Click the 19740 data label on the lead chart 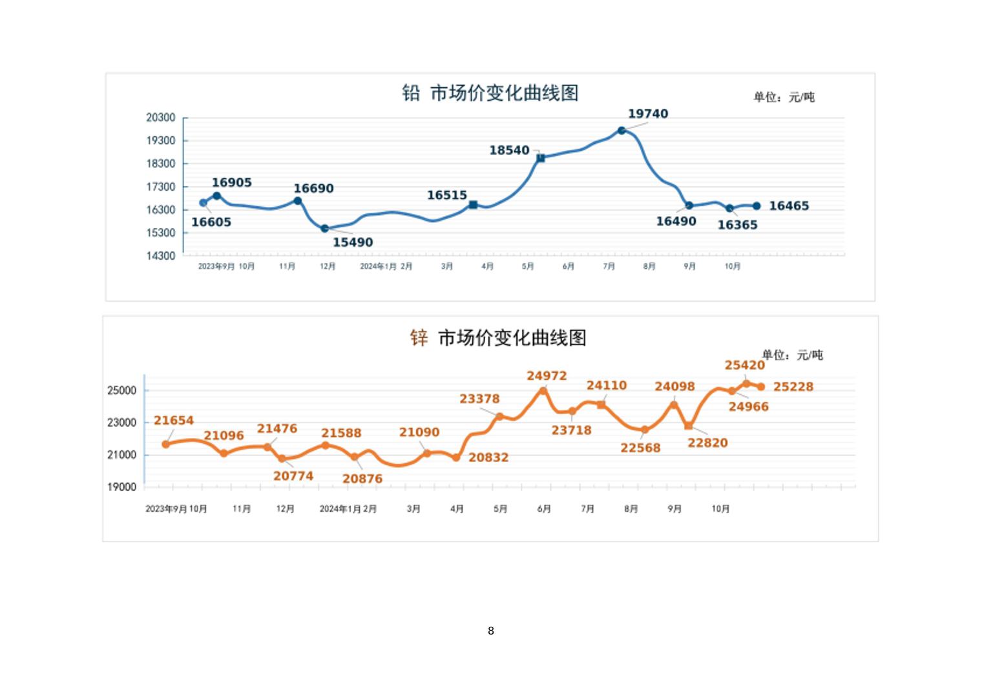(x=648, y=114)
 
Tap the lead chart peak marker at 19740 (x=622, y=131)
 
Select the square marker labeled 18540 (x=541, y=158)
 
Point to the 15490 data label (x=353, y=242)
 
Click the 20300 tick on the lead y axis (x=160, y=118)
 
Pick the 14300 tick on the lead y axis (x=160, y=256)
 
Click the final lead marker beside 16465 (x=757, y=206)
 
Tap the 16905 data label (x=232, y=183)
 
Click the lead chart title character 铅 (x=411, y=93)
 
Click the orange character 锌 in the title (x=419, y=337)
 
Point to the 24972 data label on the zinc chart (x=547, y=376)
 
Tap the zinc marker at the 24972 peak (x=543, y=391)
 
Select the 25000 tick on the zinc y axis (x=121, y=390)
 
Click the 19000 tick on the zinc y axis (x=121, y=487)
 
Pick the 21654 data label (x=174, y=421)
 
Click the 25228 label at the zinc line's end (x=793, y=387)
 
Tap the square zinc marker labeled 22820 (x=689, y=426)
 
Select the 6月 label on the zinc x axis (x=544, y=509)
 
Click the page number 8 (x=491, y=631)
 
